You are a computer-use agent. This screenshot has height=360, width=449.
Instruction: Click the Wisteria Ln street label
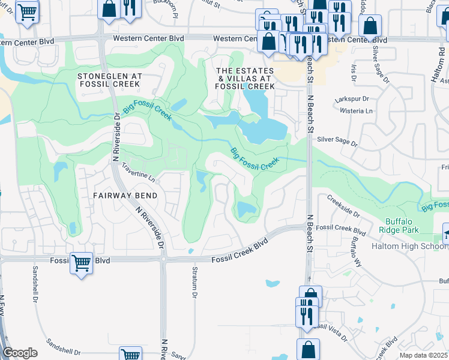click(x=356, y=111)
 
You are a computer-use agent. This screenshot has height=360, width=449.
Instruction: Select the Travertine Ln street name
click(x=138, y=172)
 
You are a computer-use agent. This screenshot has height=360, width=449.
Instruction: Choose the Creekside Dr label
click(x=343, y=206)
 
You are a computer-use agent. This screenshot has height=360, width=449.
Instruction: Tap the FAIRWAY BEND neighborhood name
click(x=125, y=196)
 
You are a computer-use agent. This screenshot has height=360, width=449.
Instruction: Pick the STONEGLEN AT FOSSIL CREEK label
click(x=110, y=81)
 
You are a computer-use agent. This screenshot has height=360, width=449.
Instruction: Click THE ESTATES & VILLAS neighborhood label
click(x=246, y=79)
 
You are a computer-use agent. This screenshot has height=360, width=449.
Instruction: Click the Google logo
click(x=20, y=352)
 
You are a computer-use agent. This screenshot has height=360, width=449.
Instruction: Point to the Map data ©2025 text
click(x=424, y=355)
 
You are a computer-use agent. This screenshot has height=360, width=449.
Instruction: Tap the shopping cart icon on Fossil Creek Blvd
click(x=81, y=262)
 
